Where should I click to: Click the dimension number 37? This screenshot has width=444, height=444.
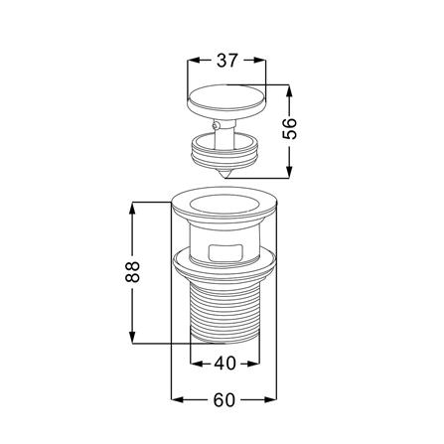pyautogui.click(x=225, y=61)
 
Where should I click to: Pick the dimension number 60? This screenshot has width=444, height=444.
pyautogui.click(x=222, y=400)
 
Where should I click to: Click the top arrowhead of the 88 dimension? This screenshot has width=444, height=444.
pyautogui.click(x=132, y=207)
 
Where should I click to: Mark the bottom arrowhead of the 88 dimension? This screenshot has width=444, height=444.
pyautogui.click(x=132, y=339)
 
